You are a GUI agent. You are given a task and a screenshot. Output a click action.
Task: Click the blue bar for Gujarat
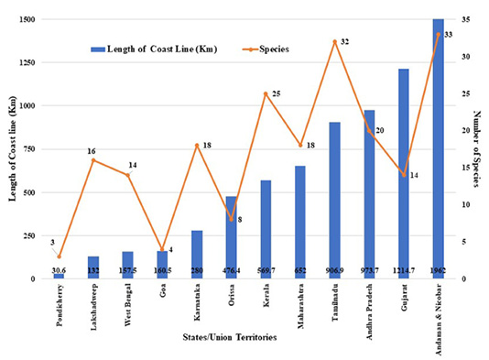[404, 174]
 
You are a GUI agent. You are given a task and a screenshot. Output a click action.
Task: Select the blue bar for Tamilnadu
[334, 201]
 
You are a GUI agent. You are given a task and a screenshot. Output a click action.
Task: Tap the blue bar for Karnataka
[197, 255]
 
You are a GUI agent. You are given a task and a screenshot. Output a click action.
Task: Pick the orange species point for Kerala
[266, 93]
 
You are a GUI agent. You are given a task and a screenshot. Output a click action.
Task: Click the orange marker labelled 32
[335, 41]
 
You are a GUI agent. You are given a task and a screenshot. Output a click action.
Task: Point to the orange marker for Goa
[162, 249]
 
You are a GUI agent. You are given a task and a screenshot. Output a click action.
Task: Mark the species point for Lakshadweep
[93, 160]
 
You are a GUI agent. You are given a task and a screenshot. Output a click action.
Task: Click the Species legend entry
[266, 49]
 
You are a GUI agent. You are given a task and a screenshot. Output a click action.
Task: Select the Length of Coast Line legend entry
[154, 49]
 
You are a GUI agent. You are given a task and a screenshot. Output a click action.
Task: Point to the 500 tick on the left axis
[30, 192]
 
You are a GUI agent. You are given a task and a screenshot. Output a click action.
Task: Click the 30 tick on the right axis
[466, 57]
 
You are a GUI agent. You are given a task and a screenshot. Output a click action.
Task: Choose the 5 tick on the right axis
[464, 242]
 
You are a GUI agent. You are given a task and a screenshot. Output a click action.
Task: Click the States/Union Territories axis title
[230, 337]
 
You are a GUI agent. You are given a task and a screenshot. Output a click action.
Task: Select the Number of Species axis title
[476, 148]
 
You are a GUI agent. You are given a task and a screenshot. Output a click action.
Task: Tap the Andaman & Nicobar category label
[439, 319]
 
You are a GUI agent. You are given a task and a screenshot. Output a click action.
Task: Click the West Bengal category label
[128, 305]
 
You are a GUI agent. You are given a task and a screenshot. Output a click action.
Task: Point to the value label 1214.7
[404, 270]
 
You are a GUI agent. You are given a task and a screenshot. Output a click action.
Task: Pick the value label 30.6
[59, 270]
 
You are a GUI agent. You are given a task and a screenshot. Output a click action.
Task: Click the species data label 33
[448, 35]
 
